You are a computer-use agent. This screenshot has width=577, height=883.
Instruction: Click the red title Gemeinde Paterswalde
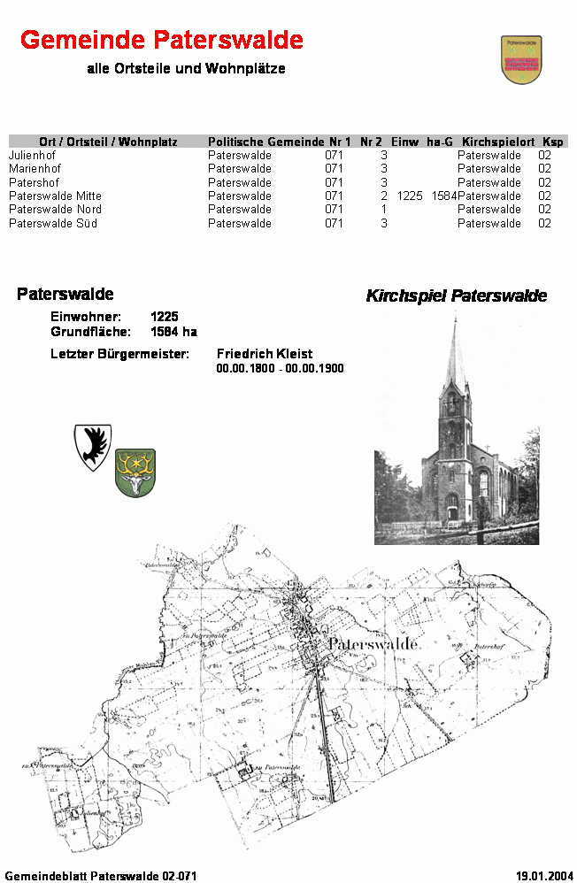point(161,40)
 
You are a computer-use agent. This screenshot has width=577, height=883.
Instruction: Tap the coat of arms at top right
point(521,60)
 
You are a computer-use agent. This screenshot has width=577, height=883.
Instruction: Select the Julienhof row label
point(32,155)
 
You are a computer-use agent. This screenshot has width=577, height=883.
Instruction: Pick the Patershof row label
point(34,182)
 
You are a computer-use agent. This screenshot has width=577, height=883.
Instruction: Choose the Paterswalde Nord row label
point(55,210)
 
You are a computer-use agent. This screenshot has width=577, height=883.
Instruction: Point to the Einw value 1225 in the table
point(410,196)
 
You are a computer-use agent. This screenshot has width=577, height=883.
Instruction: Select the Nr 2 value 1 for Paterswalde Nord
point(384,210)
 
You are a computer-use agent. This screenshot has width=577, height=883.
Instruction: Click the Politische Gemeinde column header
point(265,142)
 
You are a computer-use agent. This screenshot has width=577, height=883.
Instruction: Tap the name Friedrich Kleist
point(265,354)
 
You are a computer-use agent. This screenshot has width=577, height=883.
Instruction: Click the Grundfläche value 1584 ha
point(173,332)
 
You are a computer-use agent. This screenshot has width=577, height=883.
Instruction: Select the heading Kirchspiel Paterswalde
point(456,296)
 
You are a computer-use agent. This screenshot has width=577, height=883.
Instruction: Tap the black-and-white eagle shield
point(92,446)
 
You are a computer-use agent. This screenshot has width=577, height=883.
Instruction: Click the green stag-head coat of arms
point(135,472)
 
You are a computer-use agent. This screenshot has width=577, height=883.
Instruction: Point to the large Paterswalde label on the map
point(373,645)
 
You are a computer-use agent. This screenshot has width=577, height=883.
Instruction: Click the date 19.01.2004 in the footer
point(542,875)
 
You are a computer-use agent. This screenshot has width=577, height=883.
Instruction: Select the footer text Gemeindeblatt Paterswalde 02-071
point(100,875)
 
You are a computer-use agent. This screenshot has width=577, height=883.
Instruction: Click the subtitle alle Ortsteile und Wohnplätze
point(186,69)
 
